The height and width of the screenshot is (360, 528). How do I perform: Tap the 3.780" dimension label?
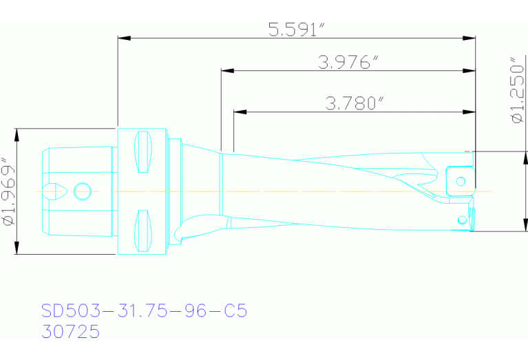pyautogui.click(x=354, y=104)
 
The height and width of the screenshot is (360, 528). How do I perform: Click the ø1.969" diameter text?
pyautogui.click(x=8, y=192)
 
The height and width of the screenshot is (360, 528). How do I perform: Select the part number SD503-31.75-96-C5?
pyautogui.click(x=144, y=311)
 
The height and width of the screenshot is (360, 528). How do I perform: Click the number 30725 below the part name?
pyautogui.click(x=70, y=332)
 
